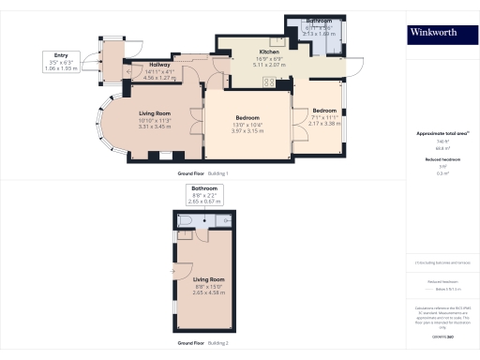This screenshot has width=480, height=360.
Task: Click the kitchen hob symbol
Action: pos(270,82)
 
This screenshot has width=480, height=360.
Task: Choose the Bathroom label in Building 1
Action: pos(319,21)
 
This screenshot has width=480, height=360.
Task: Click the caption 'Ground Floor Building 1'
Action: pos(203,174)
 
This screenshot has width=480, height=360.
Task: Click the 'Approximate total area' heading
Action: pos(440,133)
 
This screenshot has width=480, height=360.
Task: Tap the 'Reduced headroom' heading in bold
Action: pos(440,160)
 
